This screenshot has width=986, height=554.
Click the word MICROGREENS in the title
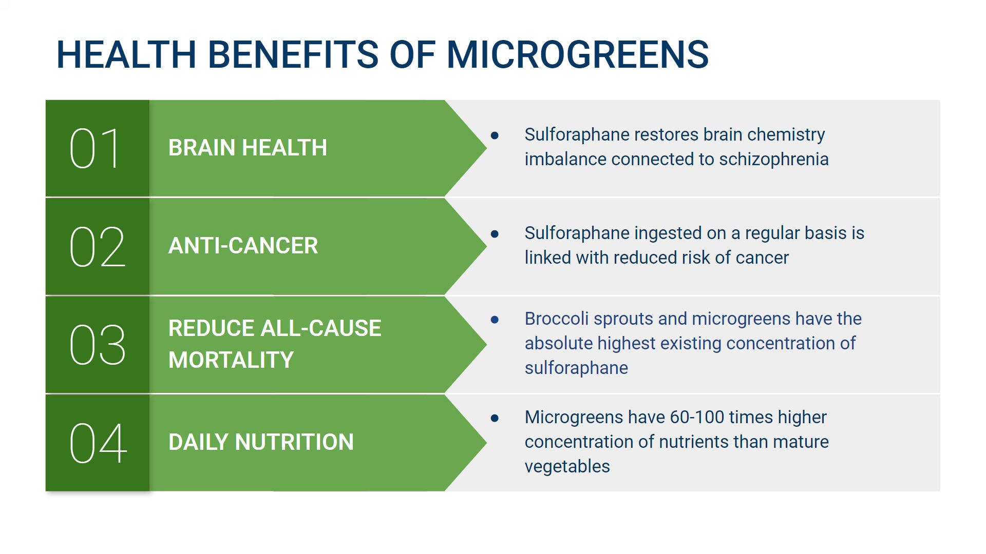coord(577,54)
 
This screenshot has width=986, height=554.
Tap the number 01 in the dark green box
coord(95,148)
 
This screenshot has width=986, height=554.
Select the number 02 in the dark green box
coord(97,247)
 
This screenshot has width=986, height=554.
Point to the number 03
coord(97,345)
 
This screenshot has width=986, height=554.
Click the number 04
coord(98,443)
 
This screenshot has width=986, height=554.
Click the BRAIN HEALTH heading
coord(248,148)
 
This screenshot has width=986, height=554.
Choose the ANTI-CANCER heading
coord(243,246)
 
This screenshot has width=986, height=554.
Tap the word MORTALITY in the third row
coord(231,360)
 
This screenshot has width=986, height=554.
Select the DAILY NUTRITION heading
coord(261,442)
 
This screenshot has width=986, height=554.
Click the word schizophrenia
coord(773,160)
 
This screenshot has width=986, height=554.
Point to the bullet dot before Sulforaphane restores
coord(495,135)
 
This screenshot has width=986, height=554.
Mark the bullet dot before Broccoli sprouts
coord(495,320)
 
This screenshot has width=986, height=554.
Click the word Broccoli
coord(556,319)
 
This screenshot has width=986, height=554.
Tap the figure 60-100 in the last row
coord(696,418)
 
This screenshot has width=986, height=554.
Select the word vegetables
coord(567,467)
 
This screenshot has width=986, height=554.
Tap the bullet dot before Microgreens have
coord(495,418)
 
